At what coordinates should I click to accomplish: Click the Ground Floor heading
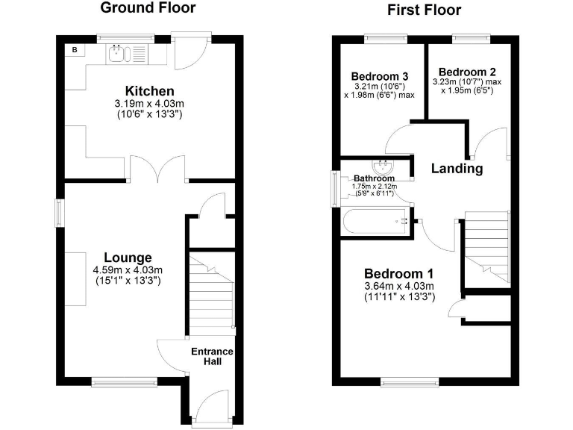coord(148,8)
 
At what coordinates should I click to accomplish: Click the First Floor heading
coord(424,10)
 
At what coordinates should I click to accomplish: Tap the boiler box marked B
coord(75,50)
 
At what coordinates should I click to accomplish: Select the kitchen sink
coord(119,53)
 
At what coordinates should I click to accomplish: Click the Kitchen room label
coord(149,91)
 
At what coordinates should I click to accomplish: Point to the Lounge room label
coord(128,258)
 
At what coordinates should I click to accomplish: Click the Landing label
coord(457,169)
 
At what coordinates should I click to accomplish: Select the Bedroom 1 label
coord(398,273)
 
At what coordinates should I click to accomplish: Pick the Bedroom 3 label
coord(379,76)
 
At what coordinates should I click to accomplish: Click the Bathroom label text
coord(374,178)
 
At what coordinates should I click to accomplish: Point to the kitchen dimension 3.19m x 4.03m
coord(149,105)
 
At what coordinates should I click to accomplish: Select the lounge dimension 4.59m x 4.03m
coord(128,270)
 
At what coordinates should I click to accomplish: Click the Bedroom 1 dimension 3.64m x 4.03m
coord(398,287)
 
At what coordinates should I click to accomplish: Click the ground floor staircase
coord(211,295)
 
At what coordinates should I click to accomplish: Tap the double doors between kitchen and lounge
coord(157,169)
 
